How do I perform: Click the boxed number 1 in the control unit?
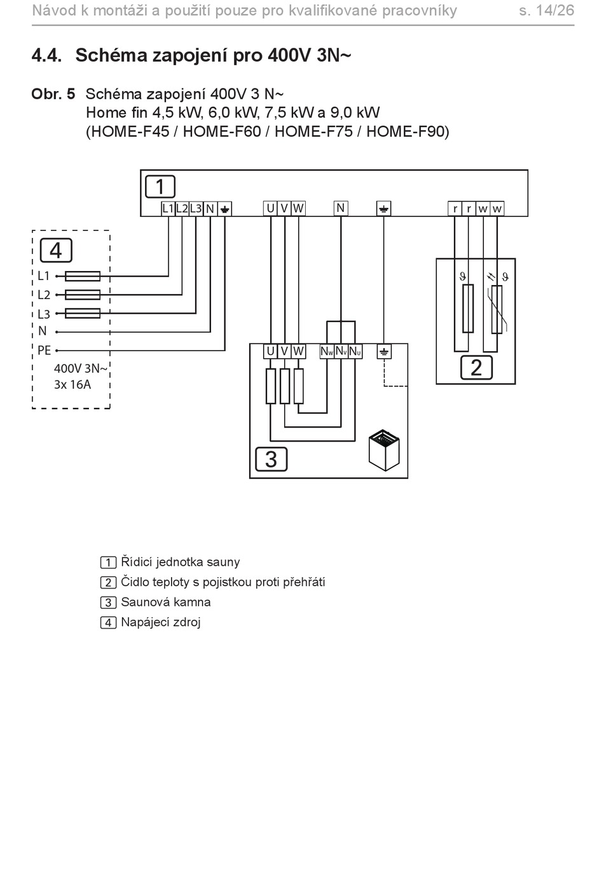coord(160,186)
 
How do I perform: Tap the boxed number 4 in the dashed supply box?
coord(56,250)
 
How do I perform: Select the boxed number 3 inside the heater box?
coord(271,459)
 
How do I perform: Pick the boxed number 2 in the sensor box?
coord(476,367)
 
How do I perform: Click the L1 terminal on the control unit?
coord(168,209)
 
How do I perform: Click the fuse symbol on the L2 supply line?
coord(83,295)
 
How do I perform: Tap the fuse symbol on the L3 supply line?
coord(83,313)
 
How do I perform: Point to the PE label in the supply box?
coord(45,350)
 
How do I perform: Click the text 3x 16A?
coord(72,384)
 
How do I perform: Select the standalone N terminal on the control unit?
coord(341,208)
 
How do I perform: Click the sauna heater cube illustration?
coord(384,450)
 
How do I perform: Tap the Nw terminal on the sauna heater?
coord(327,352)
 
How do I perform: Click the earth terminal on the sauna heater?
coord(384,352)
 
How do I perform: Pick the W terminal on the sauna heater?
coord(298,352)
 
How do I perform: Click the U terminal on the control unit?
coord(270,209)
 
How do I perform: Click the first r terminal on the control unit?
coord(455,209)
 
